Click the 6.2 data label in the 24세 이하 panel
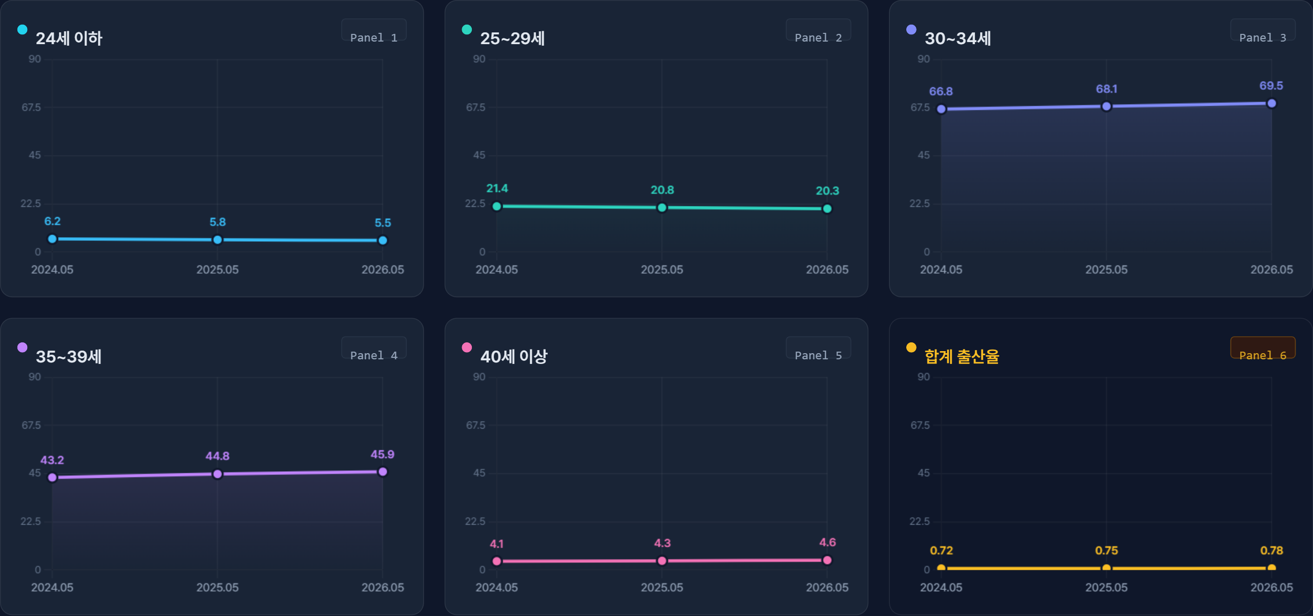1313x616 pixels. point(52,221)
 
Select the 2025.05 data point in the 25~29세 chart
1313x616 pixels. point(662,207)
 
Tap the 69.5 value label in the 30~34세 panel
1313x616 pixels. point(1271,86)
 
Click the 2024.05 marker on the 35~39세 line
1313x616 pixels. point(52,477)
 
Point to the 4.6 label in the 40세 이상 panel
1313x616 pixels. point(827,542)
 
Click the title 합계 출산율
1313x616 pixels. point(962,356)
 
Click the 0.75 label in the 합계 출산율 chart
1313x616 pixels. point(1106,550)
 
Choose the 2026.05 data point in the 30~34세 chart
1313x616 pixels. point(1271,103)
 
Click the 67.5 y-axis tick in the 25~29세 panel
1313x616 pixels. point(475,107)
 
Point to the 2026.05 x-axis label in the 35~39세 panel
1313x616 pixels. point(383,587)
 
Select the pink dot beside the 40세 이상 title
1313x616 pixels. point(467,348)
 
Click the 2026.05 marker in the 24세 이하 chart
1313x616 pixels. point(383,240)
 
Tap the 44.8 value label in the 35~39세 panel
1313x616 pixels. point(217,456)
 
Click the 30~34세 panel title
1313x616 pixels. point(958,38)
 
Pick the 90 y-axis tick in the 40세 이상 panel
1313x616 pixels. point(479,377)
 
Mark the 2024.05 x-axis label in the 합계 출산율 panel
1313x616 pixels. point(941,587)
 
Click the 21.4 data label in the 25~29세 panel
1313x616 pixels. point(497,188)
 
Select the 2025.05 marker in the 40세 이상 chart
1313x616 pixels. point(662,561)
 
